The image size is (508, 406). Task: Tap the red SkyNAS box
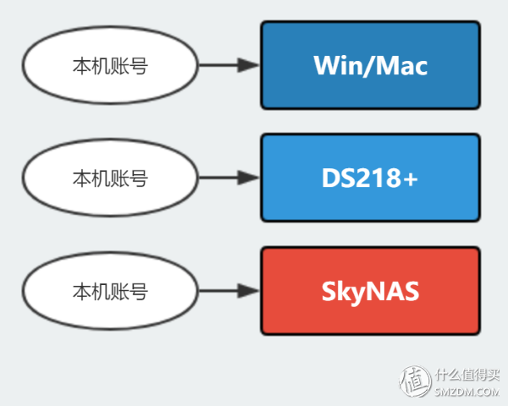tap(370, 290)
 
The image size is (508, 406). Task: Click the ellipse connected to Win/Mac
tap(109, 65)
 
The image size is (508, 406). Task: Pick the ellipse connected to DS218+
tap(109, 178)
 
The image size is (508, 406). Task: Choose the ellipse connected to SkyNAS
tap(109, 291)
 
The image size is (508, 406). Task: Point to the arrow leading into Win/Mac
tap(229, 65)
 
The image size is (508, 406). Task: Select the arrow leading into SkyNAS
tap(229, 291)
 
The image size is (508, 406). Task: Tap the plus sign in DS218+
tap(411, 178)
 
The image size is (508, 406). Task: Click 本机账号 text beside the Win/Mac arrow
tap(109, 65)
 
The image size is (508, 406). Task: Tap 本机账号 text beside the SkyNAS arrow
tap(109, 291)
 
